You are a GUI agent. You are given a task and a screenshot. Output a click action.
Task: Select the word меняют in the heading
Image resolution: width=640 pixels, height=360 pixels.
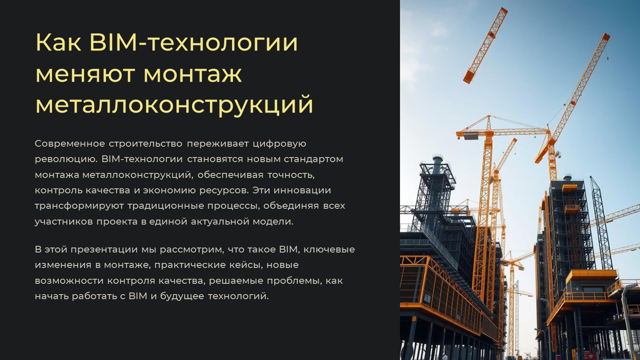click(x=85, y=74)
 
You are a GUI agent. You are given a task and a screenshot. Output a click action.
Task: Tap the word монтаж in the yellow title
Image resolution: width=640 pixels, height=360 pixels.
click(x=192, y=74)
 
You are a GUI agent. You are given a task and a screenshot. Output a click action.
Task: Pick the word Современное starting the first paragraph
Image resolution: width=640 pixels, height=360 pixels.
click(x=70, y=144)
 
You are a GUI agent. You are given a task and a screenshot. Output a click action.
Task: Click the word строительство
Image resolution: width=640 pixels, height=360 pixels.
click(x=145, y=144)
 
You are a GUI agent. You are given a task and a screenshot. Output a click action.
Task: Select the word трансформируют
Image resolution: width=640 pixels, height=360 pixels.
click(x=79, y=206)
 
